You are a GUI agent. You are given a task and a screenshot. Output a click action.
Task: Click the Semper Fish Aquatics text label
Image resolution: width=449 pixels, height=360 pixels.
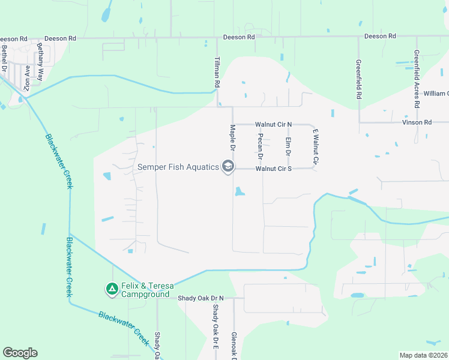coord(178,167)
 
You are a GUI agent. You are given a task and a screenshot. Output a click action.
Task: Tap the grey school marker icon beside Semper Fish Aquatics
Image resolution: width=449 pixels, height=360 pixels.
coord(228,166)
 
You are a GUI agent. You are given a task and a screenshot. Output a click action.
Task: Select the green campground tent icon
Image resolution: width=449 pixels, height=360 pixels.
coord(112,290)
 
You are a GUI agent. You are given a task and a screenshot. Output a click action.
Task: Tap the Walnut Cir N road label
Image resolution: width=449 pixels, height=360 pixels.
coord(273,124)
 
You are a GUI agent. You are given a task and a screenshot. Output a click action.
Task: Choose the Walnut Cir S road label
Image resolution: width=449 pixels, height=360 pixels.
coord(273,169)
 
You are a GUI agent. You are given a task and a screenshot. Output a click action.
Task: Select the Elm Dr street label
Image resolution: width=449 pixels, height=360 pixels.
coord(288,148)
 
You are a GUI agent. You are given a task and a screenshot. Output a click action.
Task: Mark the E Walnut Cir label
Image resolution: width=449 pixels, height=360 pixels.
coord(313,147)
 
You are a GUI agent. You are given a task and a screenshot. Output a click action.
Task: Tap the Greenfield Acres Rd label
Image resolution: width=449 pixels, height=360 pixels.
coord(417,70)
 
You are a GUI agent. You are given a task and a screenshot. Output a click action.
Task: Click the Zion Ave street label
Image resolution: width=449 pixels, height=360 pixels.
coord(26,79)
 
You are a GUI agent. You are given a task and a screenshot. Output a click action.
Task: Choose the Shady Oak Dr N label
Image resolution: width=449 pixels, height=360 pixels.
coord(200,298)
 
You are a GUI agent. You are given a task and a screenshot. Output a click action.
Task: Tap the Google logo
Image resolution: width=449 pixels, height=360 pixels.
coord(20,353)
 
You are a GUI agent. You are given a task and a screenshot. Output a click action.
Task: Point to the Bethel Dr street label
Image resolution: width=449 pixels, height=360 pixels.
coord(4,58)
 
